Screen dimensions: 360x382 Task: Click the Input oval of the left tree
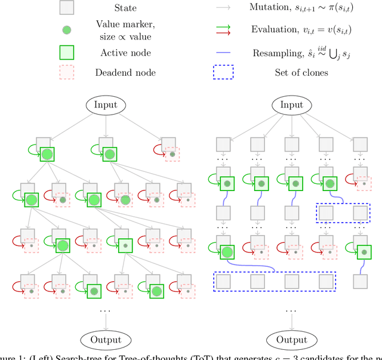[x=106, y=106]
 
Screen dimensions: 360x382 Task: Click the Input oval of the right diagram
[x=292, y=106]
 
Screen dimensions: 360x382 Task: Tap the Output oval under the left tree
[x=106, y=340]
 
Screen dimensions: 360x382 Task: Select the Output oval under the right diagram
[x=292, y=340]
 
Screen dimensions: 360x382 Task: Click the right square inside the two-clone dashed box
[x=359, y=212]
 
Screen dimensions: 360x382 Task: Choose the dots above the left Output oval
[x=106, y=310]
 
